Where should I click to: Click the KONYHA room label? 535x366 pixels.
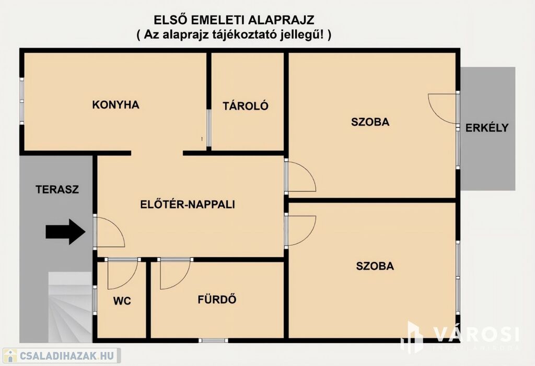click(x=115, y=104)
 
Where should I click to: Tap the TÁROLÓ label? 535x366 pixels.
click(x=246, y=105)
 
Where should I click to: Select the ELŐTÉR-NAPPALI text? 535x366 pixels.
click(x=188, y=204)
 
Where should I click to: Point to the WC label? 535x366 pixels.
click(x=122, y=301)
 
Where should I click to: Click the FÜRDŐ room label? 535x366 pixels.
click(x=217, y=299)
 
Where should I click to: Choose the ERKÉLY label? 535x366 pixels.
click(x=487, y=127)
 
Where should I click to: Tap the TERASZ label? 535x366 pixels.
click(x=57, y=190)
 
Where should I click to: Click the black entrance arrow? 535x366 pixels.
click(x=65, y=232)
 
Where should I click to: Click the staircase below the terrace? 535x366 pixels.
click(x=70, y=307)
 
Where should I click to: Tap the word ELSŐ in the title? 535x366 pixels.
click(x=170, y=20)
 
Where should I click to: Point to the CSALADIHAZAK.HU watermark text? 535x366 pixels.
click(x=67, y=356)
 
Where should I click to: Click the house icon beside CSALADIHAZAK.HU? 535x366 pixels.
click(x=10, y=356)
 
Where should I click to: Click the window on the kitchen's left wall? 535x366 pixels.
click(x=22, y=101)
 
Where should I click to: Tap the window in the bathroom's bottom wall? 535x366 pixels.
click(x=213, y=340)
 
